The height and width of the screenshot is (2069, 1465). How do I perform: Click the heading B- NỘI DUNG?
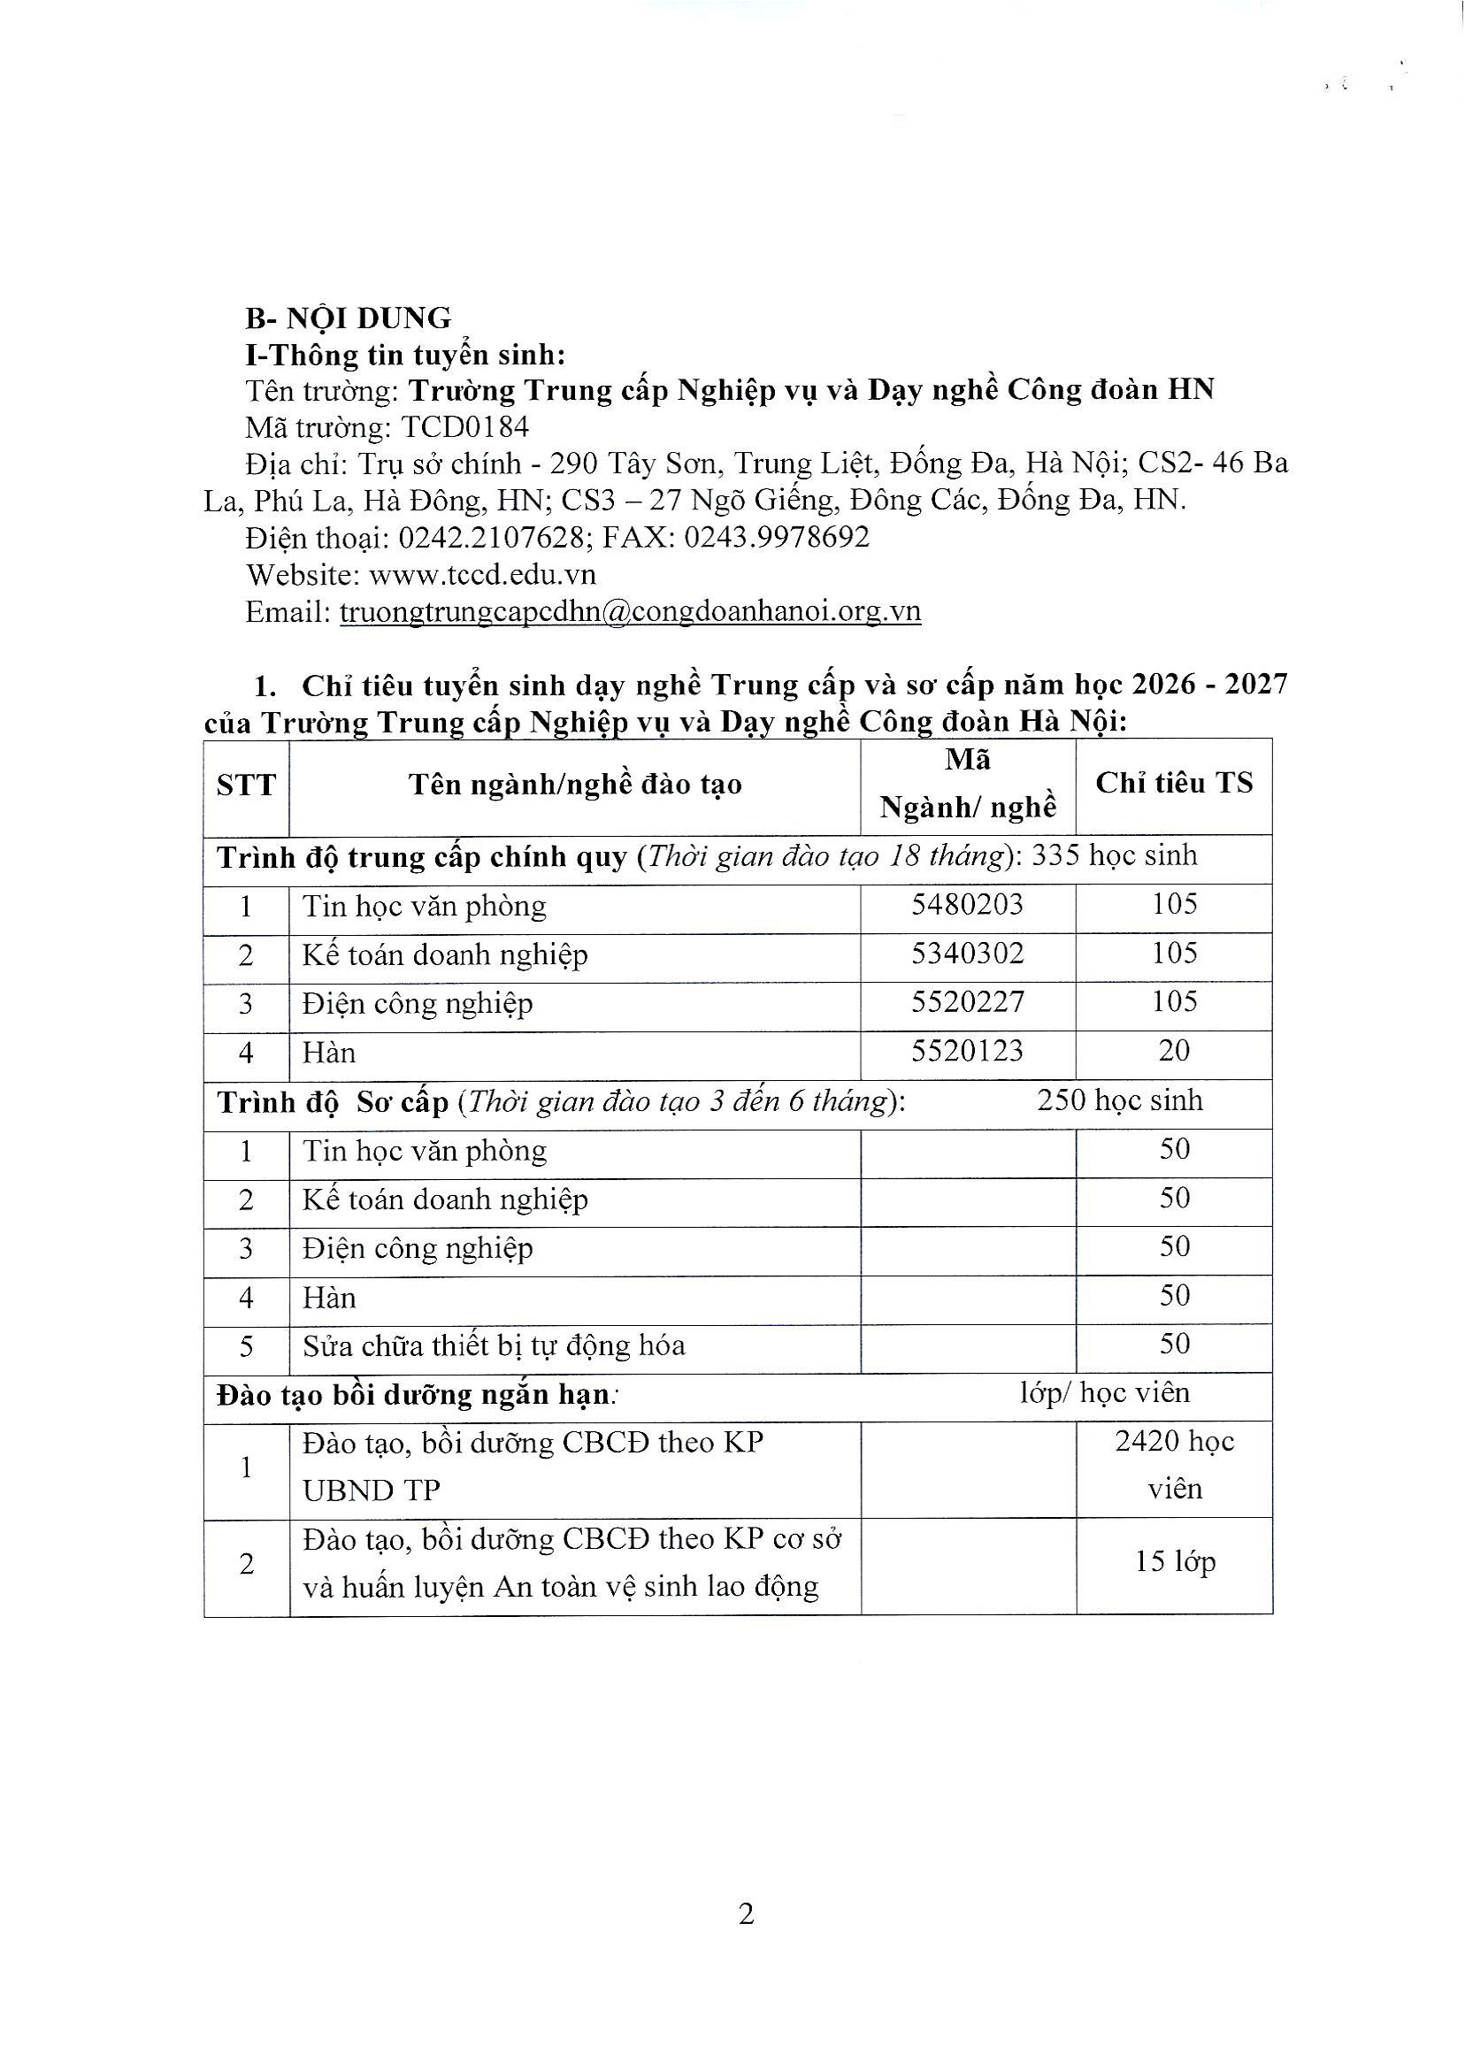349,318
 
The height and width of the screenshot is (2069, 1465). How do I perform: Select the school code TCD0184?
464,426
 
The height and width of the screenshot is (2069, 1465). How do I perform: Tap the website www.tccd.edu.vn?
483,574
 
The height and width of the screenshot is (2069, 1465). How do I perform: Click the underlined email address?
630,611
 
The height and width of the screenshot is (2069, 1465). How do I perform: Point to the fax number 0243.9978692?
777,538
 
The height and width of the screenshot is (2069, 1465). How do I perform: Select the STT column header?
245,785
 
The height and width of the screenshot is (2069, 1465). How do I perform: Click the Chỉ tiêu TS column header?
1174,783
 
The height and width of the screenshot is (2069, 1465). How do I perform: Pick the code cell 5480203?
967,904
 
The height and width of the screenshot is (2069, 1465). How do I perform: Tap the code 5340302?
967,954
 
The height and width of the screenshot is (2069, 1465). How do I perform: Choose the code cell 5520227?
967,1002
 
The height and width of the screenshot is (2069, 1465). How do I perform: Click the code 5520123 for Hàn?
967,1051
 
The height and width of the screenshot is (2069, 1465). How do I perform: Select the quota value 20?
1174,1051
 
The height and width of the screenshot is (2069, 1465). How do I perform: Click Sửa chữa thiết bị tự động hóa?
494,1345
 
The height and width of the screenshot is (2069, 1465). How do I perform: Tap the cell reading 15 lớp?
1175,1561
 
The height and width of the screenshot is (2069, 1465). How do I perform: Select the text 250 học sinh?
1119,1100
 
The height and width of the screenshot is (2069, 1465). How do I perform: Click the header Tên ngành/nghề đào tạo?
575,785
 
